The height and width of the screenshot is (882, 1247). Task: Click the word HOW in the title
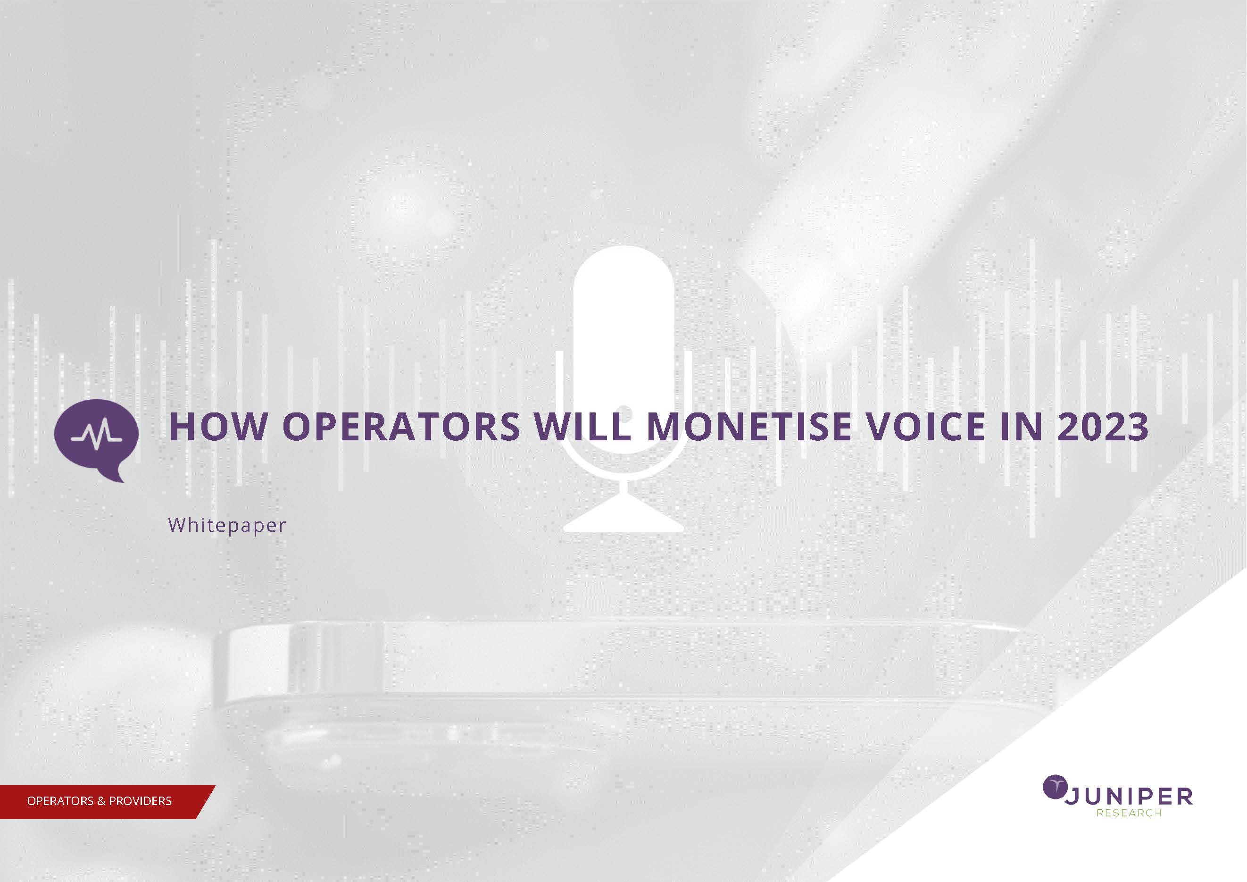point(218,427)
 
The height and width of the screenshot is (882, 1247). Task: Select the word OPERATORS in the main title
point(401,427)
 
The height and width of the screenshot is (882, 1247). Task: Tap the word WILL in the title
point(583,427)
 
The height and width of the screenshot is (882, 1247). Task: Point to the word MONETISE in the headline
point(749,427)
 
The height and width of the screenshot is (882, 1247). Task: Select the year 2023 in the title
point(1103,427)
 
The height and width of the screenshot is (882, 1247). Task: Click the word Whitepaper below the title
point(227,526)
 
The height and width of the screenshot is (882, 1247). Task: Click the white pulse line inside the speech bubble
point(97,435)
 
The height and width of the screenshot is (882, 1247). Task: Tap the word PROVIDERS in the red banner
point(140,801)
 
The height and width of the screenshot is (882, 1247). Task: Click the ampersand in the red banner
point(101,801)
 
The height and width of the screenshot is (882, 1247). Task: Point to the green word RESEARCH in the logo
point(1129,813)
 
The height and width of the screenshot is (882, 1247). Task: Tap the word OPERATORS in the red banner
point(60,801)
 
